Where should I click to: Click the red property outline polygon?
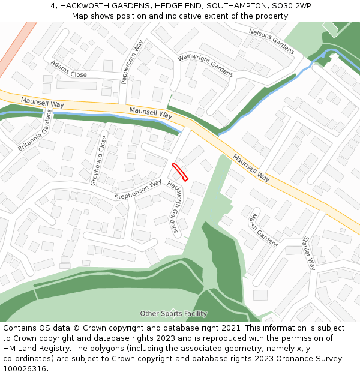click(180, 172)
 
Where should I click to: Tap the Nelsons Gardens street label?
click(271, 40)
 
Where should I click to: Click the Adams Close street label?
click(68, 69)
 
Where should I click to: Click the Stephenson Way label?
click(138, 190)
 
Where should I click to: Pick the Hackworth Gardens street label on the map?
click(173, 207)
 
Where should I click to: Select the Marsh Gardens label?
click(264, 230)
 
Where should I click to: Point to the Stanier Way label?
click(309, 252)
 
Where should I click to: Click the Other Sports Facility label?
click(173, 314)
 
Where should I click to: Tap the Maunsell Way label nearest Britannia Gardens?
click(42, 103)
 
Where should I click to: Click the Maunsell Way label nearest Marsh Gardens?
click(251, 168)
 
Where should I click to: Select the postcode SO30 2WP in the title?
click(290, 5)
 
